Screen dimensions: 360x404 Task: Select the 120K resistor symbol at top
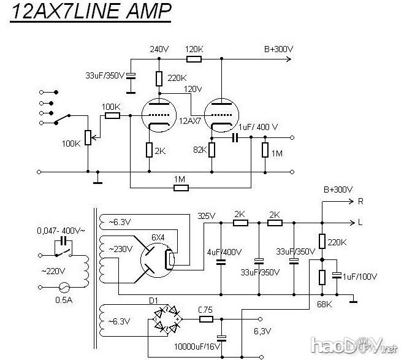[x=194, y=59]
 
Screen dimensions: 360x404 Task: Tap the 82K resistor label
[x=200, y=148]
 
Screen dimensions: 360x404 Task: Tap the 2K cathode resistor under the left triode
[x=149, y=149]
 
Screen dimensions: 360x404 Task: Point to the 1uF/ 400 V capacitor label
[x=257, y=126]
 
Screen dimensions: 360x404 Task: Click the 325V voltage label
[x=207, y=216]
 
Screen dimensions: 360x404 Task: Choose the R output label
[x=360, y=201]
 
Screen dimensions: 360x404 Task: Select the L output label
[x=360, y=221]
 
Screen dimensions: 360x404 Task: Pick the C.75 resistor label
[x=205, y=310]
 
